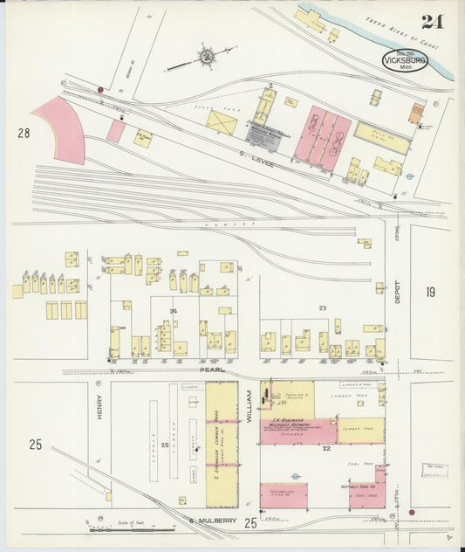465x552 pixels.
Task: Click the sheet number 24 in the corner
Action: [x=430, y=21]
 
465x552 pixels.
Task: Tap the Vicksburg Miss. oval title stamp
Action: [x=405, y=60]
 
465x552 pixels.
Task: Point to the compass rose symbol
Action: [x=209, y=57]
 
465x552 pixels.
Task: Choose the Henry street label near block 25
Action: [x=99, y=408]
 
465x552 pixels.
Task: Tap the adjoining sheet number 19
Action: [x=430, y=292]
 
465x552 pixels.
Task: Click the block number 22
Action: [x=325, y=448]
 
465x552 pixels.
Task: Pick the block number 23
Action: [x=322, y=307]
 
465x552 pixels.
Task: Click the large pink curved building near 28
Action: [x=63, y=129]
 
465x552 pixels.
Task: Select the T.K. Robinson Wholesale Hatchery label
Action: [x=291, y=423]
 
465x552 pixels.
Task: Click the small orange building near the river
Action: [x=416, y=112]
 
